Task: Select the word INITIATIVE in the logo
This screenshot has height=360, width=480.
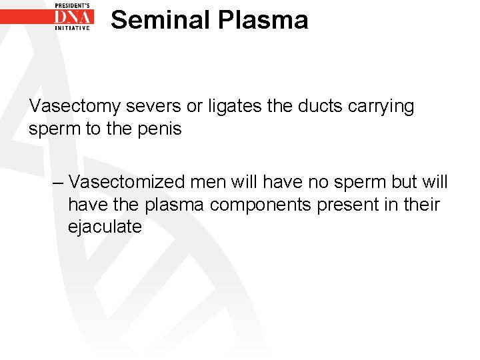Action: [x=73, y=28]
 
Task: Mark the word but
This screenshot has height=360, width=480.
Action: [x=401, y=182]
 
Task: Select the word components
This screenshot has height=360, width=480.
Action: [x=261, y=204]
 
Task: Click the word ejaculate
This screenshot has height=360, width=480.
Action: [x=105, y=227]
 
